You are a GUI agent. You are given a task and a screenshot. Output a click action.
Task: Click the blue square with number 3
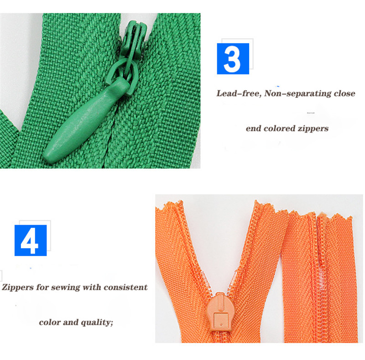click(233, 58)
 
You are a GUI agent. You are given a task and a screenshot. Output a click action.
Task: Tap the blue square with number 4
click(31, 240)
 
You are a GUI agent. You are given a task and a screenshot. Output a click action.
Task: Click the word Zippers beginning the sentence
click(19, 288)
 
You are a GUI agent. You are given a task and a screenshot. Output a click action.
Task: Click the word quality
click(96, 323)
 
